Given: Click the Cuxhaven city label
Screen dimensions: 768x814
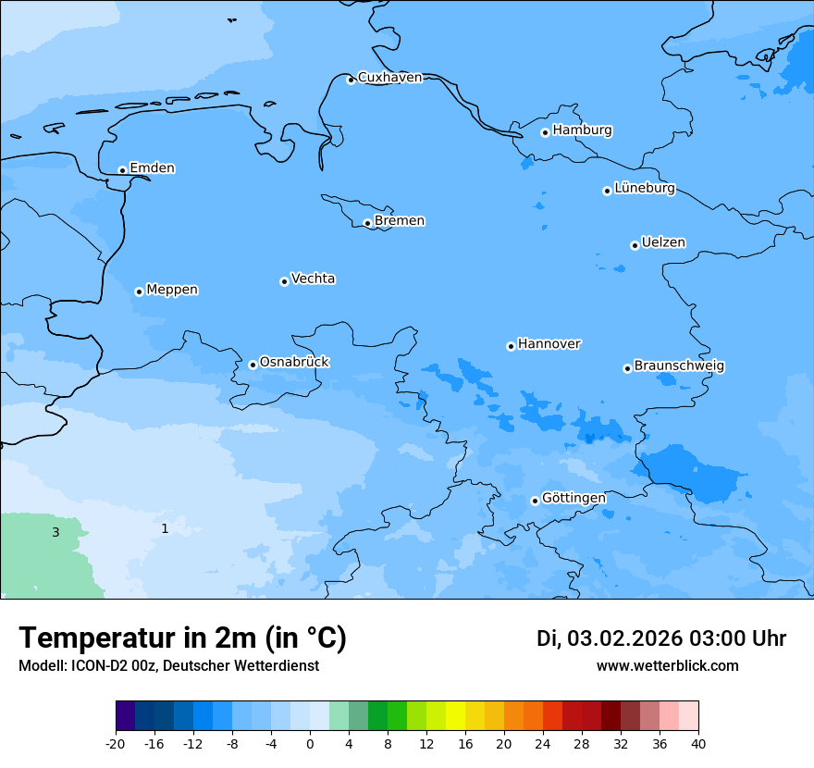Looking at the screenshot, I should [389, 78].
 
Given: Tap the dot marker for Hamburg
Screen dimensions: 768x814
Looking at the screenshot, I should [545, 132].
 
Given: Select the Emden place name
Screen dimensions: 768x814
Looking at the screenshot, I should [152, 168].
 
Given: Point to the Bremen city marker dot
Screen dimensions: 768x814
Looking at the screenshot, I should [367, 223].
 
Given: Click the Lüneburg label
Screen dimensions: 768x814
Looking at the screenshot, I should [644, 189].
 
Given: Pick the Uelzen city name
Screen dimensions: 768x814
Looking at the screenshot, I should [663, 243].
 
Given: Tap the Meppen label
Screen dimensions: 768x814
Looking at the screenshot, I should [172, 290].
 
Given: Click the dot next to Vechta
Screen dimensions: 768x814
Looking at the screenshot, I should [284, 281].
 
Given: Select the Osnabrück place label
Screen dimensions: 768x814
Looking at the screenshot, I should [294, 363].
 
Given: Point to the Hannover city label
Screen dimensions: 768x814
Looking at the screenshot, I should [549, 344].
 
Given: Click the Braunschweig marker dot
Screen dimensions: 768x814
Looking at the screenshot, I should [627, 368].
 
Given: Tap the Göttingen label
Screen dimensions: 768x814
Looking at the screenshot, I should [573, 499].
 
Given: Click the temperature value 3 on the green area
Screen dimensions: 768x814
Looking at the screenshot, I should [55, 533].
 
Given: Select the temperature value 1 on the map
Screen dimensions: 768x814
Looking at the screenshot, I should [165, 529].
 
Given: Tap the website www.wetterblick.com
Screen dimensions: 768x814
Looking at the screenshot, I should [667, 666].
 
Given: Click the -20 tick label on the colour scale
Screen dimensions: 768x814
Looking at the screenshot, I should [116, 744].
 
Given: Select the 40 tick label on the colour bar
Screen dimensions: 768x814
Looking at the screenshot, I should [698, 744].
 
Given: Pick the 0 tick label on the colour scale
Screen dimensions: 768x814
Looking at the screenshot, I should [310, 744].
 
